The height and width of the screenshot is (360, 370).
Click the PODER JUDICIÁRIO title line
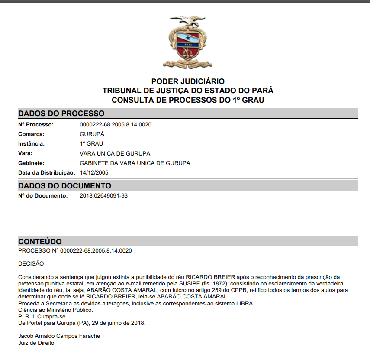tap(188, 81)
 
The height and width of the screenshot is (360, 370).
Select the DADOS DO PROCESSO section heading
tap(61, 114)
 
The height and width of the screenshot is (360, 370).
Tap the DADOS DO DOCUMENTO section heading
tap(64, 186)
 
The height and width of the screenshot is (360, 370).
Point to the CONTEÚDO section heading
tap(40, 242)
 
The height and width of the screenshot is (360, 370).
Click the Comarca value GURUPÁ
tap(92, 134)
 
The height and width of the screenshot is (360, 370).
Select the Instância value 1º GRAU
tap(91, 144)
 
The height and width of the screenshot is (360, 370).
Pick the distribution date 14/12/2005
tap(94, 173)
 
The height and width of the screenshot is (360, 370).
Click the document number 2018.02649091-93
tap(104, 196)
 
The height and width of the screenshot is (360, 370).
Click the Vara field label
tap(26, 153)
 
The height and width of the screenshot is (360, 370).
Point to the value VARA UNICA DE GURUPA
tap(115, 153)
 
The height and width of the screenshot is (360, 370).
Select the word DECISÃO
tap(31, 263)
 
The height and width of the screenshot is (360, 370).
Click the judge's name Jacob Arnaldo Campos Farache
tap(59, 336)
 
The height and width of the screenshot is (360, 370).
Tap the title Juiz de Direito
tap(36, 343)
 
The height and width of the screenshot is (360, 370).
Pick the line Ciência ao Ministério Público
tap(55, 310)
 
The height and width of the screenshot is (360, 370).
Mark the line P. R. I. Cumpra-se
tap(42, 316)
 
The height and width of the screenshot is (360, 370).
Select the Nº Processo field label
tap(35, 125)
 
